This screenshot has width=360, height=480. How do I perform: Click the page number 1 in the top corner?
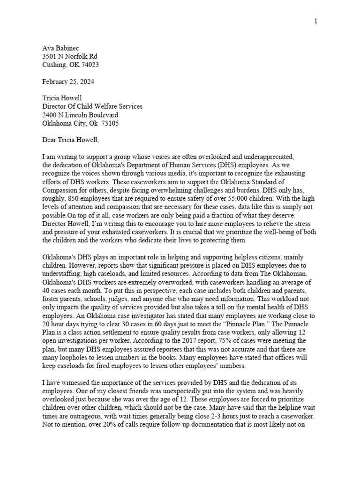(x=316, y=22)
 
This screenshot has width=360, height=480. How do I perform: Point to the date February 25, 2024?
(x=68, y=82)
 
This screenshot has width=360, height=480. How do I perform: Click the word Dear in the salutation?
(x=51, y=140)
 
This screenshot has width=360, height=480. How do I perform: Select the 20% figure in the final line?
(x=113, y=425)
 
